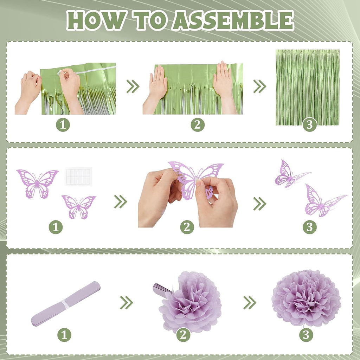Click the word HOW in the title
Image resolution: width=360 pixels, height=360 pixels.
point(96,20)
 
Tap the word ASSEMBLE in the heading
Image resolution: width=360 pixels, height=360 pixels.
point(233,20)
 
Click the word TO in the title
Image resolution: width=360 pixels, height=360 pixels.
point(149,20)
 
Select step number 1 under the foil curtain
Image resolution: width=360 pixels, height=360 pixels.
point(63,125)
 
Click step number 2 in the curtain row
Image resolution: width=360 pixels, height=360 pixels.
point(198,125)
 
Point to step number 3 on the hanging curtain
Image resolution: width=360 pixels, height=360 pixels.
point(310,125)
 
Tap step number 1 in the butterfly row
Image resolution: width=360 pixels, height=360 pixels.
point(56,227)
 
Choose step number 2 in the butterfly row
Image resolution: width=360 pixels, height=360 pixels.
point(187,227)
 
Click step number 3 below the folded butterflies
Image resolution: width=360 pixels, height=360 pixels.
point(310,227)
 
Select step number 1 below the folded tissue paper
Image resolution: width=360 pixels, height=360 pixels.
point(64,335)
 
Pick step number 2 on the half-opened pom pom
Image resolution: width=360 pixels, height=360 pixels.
point(183,335)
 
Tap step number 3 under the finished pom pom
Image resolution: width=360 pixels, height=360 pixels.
point(306,335)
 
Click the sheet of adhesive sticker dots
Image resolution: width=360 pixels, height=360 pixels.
point(78,176)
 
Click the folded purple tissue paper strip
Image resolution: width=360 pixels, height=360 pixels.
point(66,303)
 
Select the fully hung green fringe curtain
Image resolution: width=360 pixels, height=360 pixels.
point(307,88)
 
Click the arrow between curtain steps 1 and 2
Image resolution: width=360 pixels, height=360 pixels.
point(133,86)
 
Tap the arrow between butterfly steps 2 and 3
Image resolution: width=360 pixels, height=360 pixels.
point(260,204)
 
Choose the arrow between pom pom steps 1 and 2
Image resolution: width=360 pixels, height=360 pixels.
point(127,302)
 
